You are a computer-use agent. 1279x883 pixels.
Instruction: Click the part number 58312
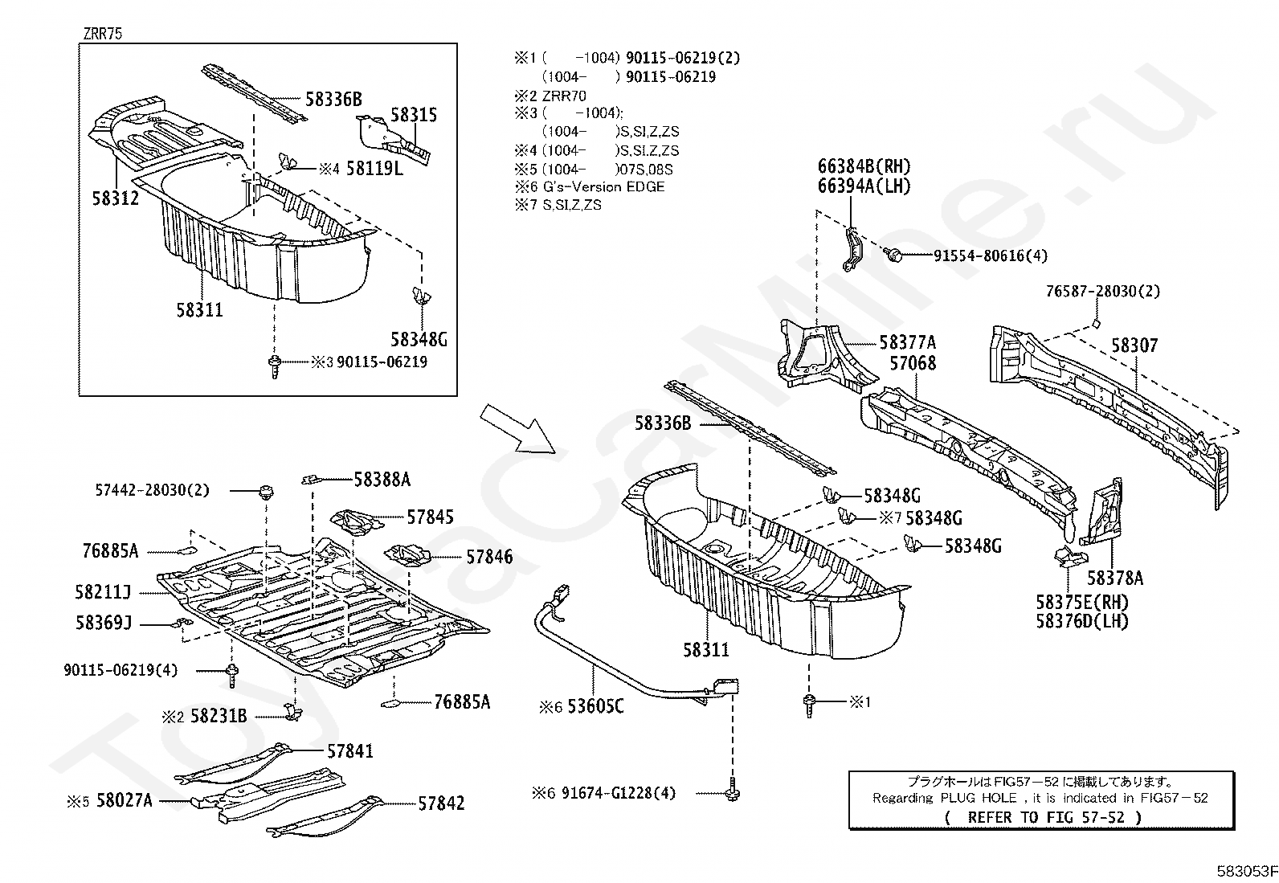pos(115,198)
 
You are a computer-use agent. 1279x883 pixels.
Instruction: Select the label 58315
pos(414,115)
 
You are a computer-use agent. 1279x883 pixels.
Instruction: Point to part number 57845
pos(430,517)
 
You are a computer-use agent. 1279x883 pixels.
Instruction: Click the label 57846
pos(488,557)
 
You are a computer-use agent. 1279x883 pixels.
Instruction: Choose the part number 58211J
pos(103,592)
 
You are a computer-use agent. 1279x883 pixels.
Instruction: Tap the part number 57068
pos(913,363)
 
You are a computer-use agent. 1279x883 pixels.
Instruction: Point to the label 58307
pos(1134,345)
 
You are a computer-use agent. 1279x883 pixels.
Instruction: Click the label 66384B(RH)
pos(864,166)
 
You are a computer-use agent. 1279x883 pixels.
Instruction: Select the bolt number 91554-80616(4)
pos(991,255)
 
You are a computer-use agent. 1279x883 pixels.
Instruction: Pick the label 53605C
pos(595,706)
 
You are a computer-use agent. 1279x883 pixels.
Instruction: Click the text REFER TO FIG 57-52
pos(1042,817)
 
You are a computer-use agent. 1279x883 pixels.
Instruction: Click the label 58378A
pos(1115,578)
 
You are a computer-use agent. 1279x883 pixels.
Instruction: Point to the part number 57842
pos(440,803)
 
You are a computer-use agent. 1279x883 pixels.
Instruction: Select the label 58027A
pos(124,800)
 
